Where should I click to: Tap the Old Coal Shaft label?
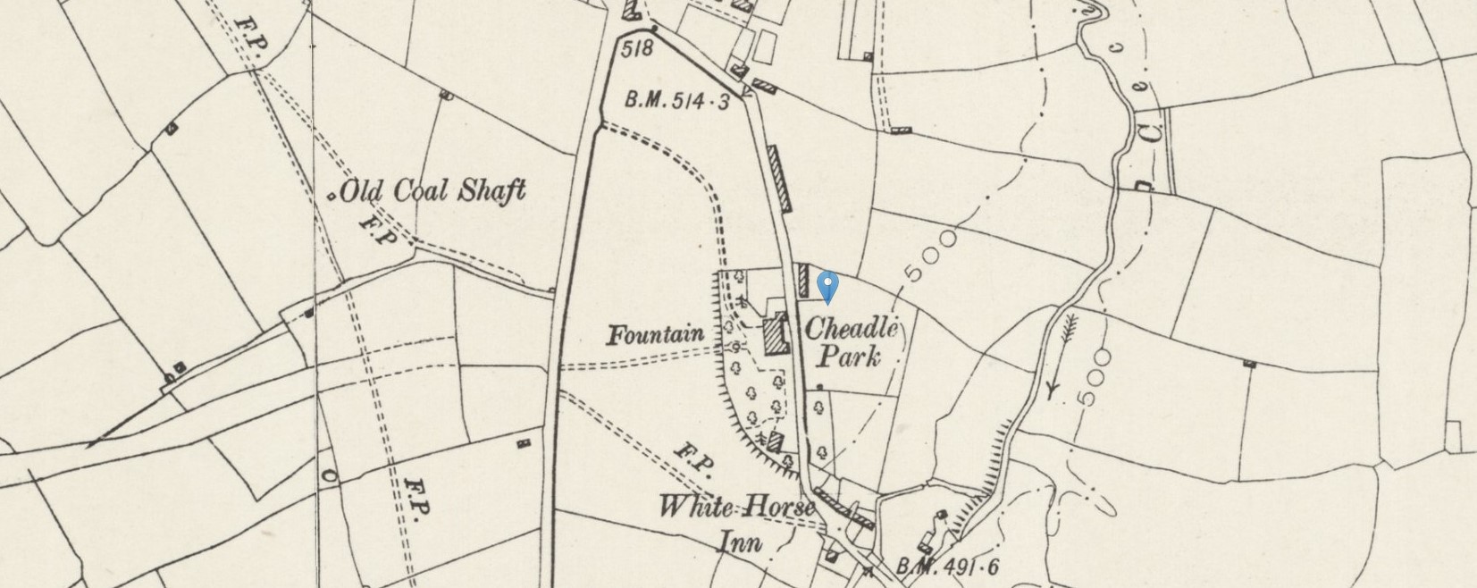coord(433,191)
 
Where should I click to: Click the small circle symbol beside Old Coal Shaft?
coord(332,196)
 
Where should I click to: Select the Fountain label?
coord(655,336)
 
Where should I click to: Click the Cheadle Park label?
coord(850,343)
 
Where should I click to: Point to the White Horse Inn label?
coord(736,524)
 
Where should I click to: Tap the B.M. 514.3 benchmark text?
coord(676,101)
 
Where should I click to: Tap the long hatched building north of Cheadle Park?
coord(779,179)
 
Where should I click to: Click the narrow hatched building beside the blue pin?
coord(802,281)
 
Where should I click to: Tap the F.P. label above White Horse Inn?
coord(692,456)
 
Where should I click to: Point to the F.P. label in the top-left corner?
coord(248,35)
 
